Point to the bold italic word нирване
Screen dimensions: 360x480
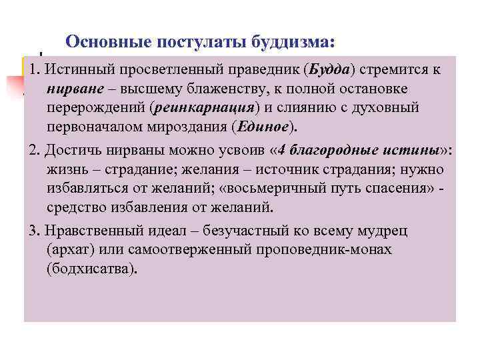coord(71,89)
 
